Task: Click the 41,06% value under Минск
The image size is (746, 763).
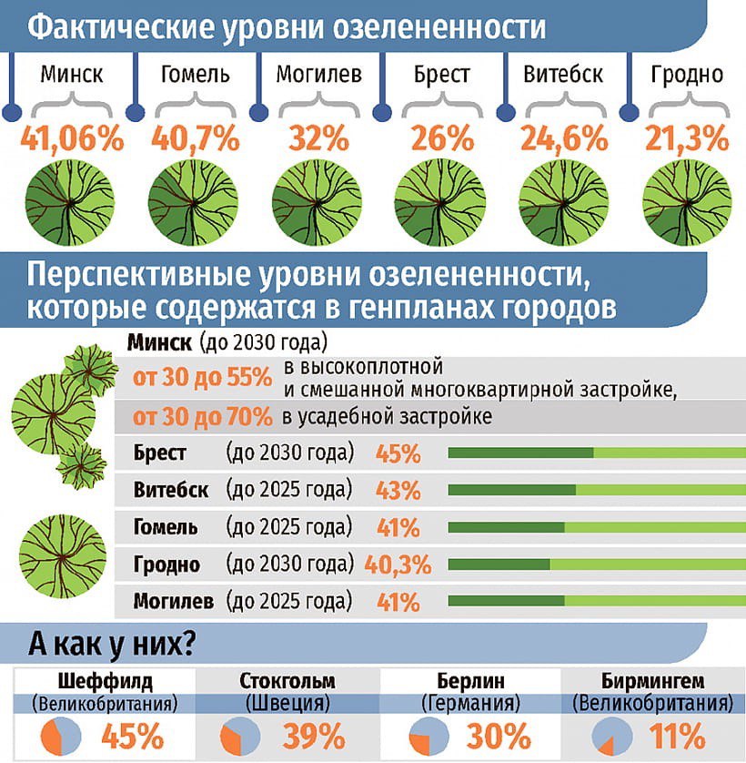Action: [72, 139]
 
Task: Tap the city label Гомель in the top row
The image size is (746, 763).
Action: [196, 74]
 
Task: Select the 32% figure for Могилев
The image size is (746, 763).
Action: [318, 139]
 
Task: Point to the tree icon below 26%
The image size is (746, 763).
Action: [439, 196]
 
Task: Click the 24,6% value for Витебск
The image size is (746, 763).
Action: [564, 139]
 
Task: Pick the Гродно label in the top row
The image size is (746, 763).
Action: [687, 74]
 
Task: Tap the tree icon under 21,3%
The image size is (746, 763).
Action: [688, 196]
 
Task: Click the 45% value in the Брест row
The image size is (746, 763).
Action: [398, 454]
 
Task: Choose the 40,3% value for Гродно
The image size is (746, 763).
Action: [398, 565]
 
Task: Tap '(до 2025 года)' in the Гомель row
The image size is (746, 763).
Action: [288, 527]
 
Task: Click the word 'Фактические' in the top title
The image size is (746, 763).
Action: [122, 27]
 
